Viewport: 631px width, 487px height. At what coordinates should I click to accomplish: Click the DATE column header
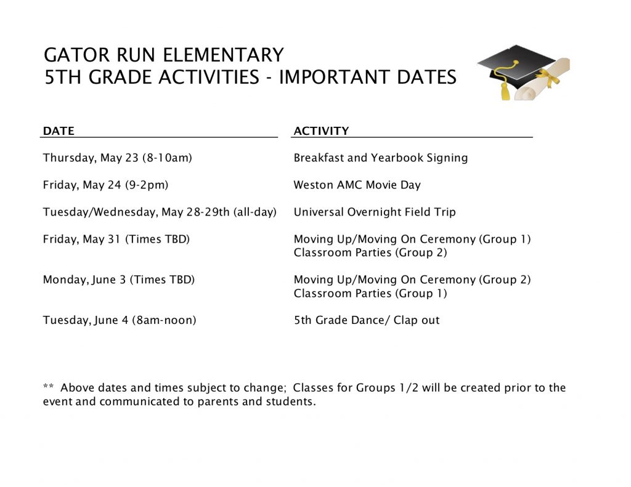59,131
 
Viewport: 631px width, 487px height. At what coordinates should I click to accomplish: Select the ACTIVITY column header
321,131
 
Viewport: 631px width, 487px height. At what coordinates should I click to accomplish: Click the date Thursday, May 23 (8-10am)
118,158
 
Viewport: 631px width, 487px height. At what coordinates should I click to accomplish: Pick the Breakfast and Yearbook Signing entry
380,158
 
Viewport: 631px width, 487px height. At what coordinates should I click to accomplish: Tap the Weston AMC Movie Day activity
357,185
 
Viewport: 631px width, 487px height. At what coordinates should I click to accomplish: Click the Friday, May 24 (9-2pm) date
105,185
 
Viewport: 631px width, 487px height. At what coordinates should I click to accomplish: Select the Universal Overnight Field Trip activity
375,212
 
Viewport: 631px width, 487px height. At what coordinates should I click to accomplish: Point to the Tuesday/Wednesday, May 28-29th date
160,212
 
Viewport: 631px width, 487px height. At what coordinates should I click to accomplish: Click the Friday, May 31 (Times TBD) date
116,239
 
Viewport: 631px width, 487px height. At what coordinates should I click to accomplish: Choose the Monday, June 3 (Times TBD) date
118,280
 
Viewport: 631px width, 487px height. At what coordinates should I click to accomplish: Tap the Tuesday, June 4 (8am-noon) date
120,321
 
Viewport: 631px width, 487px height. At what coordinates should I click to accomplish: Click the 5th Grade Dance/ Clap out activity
367,321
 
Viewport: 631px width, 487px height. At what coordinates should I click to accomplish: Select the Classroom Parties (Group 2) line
370,253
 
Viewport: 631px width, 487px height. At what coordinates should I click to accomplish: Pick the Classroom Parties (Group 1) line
370,294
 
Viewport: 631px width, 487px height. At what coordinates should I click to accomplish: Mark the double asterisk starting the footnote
49,388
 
